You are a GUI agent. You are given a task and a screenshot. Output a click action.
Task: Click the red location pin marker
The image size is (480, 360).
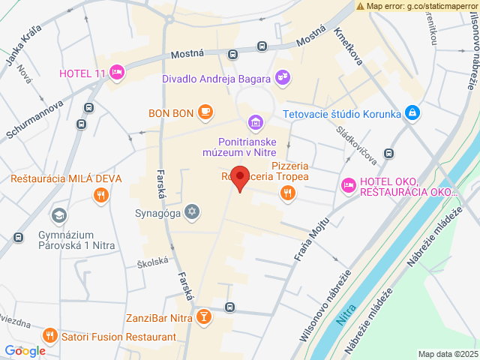(239, 178)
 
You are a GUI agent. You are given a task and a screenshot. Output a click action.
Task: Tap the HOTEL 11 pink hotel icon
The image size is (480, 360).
(116, 72)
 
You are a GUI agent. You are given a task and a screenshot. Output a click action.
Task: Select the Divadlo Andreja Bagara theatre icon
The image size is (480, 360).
(283, 76)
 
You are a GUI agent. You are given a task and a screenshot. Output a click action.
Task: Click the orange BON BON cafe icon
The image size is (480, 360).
(205, 113)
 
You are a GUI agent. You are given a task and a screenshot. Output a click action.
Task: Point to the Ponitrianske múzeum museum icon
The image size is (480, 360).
(255, 122)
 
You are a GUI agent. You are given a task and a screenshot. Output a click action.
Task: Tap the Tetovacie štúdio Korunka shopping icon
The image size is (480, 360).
(412, 113)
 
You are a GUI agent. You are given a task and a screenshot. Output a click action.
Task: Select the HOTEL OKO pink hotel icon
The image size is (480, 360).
(348, 184)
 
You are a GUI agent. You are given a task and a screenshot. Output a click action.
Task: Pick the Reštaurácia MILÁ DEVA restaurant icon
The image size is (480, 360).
(100, 196)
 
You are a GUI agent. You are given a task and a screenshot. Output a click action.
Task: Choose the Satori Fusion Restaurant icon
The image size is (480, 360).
(50, 335)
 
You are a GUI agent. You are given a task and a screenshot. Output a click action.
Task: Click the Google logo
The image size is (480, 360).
(25, 350)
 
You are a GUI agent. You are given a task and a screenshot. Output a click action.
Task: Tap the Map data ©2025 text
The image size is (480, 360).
(447, 354)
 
